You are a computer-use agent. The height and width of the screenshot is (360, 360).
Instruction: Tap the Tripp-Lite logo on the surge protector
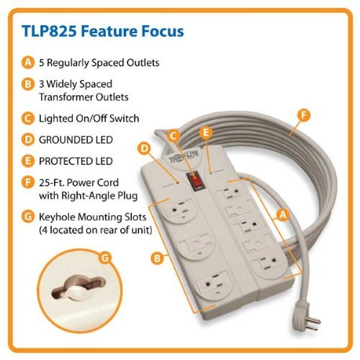[184, 157]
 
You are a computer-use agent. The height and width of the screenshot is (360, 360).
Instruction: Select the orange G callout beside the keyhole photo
[105, 258]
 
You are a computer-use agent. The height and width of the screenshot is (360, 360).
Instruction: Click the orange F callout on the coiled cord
[304, 115]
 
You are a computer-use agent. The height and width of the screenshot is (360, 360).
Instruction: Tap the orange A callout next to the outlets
[283, 215]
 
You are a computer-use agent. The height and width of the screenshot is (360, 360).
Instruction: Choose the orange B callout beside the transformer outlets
[157, 258]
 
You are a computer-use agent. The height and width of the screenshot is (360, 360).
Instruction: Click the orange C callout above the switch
[174, 135]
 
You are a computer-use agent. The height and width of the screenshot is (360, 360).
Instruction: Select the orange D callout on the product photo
[144, 148]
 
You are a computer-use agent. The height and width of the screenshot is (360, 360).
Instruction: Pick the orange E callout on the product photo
[206, 132]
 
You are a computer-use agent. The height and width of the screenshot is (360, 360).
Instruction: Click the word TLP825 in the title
[49, 31]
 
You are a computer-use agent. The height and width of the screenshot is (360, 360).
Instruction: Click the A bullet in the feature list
[28, 63]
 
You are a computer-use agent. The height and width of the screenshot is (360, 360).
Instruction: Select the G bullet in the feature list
[28, 217]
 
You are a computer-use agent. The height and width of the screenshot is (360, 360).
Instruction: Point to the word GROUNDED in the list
[64, 140]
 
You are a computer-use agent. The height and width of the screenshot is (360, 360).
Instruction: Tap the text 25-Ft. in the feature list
[51, 183]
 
